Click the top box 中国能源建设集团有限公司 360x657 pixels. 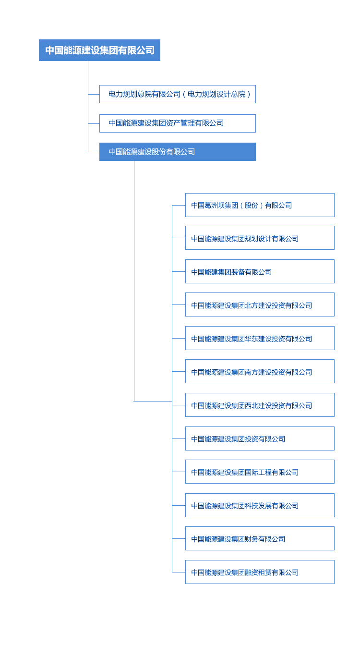pyautogui.click(x=99, y=50)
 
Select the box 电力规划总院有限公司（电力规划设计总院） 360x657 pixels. pyautogui.click(x=178, y=94)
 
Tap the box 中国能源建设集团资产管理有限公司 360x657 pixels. pyautogui.click(x=178, y=123)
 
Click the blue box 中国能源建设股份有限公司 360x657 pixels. pyautogui.click(x=178, y=152)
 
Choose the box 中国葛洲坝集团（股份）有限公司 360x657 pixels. pyautogui.click(x=260, y=205)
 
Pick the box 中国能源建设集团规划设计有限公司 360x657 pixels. pyautogui.click(x=260, y=238)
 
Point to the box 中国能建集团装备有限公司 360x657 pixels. pyautogui.click(x=260, y=271)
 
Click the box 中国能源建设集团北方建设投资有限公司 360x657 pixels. pyautogui.click(x=260, y=304)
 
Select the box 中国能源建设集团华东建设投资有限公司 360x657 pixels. pyautogui.click(x=260, y=338)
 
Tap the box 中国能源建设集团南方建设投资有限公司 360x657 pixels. pyautogui.click(x=260, y=371)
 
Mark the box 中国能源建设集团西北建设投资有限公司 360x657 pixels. pyautogui.click(x=260, y=405)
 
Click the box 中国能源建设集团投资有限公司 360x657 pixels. pyautogui.click(x=260, y=438)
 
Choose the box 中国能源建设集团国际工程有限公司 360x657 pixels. pyautogui.click(x=260, y=472)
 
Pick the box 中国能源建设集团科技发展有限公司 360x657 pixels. pyautogui.click(x=260, y=505)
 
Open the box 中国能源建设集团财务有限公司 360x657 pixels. pyautogui.click(x=260, y=538)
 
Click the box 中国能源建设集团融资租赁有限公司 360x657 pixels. pyautogui.click(x=260, y=572)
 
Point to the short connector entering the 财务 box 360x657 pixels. pyautogui.click(x=179, y=538)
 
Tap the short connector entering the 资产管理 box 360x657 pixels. pyautogui.click(x=94, y=123)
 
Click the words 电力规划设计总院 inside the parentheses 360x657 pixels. pyautogui.click(x=216, y=94)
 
